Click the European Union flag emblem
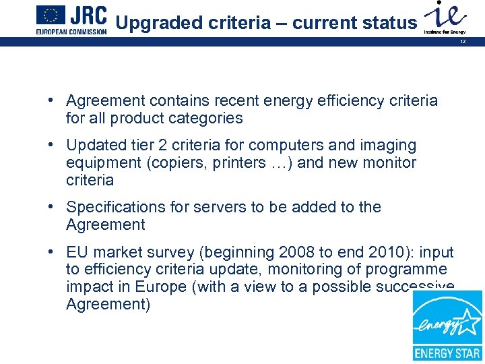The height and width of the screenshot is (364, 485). point(51,15)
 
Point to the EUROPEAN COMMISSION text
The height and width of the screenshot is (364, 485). point(71,32)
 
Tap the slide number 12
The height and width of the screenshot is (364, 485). point(463,42)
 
